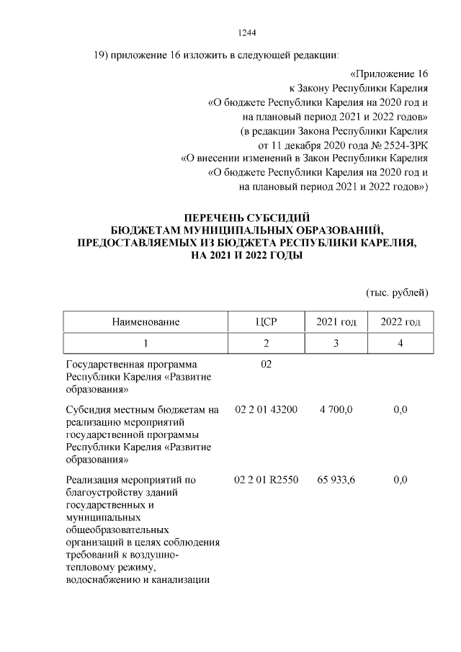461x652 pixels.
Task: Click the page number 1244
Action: pyautogui.click(x=247, y=32)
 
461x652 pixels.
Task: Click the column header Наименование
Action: pyautogui.click(x=145, y=321)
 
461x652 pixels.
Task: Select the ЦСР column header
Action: pyautogui.click(x=266, y=321)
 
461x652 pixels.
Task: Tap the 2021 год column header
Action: pyautogui.click(x=336, y=321)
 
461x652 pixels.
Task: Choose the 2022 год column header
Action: pyautogui.click(x=400, y=321)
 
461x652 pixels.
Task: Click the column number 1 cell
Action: pyautogui.click(x=145, y=344)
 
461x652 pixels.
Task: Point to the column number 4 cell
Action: pyautogui.click(x=400, y=344)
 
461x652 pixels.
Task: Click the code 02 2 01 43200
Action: pyautogui.click(x=266, y=410)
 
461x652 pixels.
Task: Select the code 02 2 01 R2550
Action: pyautogui.click(x=266, y=479)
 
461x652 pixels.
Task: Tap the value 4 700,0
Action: pyautogui.click(x=336, y=410)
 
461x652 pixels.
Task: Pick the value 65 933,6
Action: pyautogui.click(x=336, y=479)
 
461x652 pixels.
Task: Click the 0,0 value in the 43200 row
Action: pyautogui.click(x=401, y=410)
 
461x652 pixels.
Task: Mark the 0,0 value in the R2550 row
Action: pyautogui.click(x=401, y=479)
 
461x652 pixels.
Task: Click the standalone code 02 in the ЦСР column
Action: pyautogui.click(x=266, y=365)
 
